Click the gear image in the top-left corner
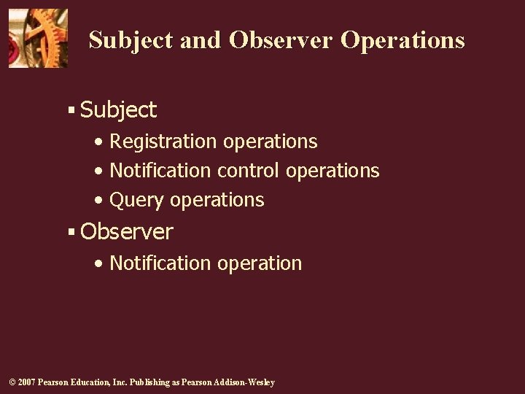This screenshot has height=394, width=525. pos(38,38)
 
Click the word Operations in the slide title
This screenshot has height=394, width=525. pos(402,40)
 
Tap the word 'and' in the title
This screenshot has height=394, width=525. pos(200,40)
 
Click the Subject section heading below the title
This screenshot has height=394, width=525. pos(118,110)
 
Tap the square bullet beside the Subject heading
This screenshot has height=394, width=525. pos(71,110)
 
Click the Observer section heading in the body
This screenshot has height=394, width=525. pos(127,232)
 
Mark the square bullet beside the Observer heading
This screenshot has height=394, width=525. pos(71,232)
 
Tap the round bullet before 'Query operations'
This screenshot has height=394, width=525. pos(98,200)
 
